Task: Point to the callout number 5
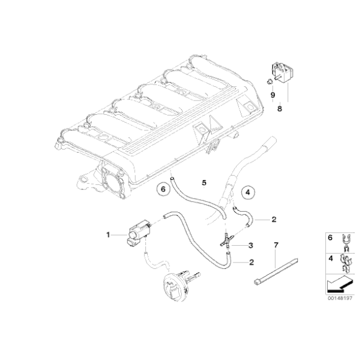203,182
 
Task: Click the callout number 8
279,108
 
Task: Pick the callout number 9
272,94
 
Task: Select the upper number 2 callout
273,219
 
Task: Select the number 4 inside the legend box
330,258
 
